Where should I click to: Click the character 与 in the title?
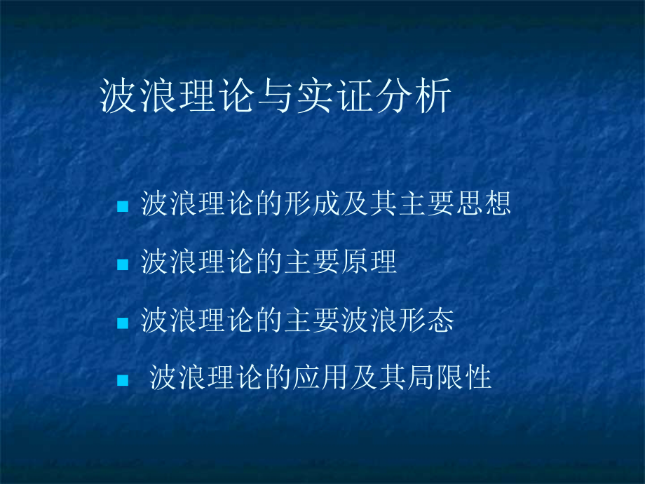pyautogui.click(x=276, y=96)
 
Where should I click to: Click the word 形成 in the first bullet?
pyautogui.click(x=297, y=203)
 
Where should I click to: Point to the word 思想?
pyautogui.click(x=483, y=203)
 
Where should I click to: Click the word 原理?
pyautogui.click(x=369, y=262)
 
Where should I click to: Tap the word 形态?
pyautogui.click(x=426, y=320)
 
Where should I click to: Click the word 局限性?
pyautogui.click(x=449, y=377)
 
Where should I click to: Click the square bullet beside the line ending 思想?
pyautogui.click(x=123, y=206)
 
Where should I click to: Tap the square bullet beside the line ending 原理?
pyautogui.click(x=123, y=264)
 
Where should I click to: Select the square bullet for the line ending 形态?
pyautogui.click(x=123, y=323)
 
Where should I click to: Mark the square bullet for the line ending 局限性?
pyautogui.click(x=123, y=380)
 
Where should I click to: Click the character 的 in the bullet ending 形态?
pyautogui.click(x=269, y=320)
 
